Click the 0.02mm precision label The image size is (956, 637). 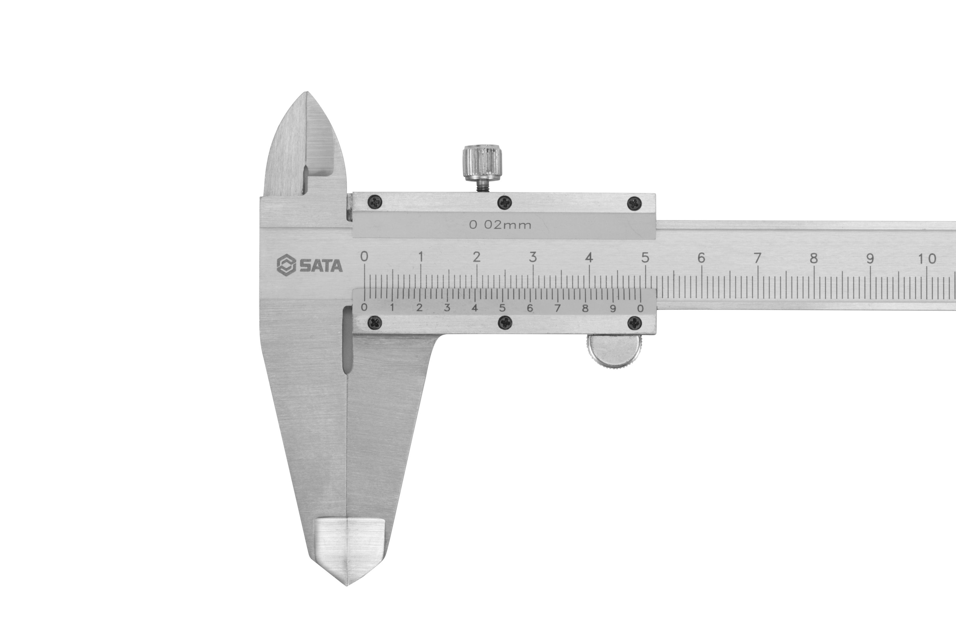pyautogui.click(x=500, y=225)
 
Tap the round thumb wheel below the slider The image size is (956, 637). pyautogui.click(x=614, y=351)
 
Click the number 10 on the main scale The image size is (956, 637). pyautogui.click(x=927, y=259)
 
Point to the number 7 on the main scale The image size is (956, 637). pyautogui.click(x=757, y=258)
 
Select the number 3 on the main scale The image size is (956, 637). pyautogui.click(x=533, y=257)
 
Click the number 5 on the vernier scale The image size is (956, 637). pyautogui.click(x=503, y=308)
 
